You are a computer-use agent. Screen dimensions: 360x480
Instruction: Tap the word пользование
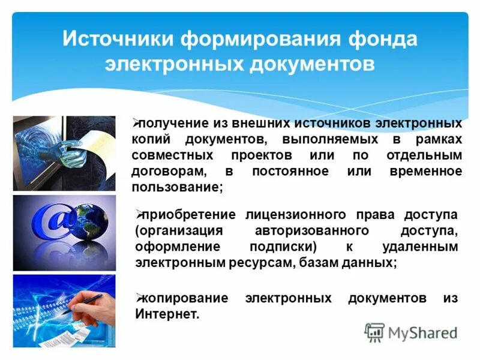click(x=176, y=187)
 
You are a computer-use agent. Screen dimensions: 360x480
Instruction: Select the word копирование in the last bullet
click(x=178, y=298)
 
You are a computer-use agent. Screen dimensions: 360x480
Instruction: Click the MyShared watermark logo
click(x=410, y=332)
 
